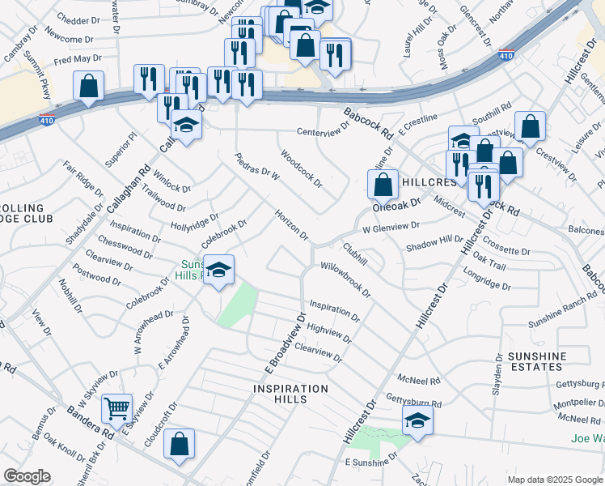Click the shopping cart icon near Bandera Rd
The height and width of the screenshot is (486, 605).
tap(117, 409)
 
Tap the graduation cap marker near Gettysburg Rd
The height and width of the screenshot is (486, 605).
tap(417, 420)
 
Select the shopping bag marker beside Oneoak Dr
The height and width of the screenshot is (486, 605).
tap(383, 183)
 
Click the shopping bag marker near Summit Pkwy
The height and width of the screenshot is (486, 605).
tap(88, 85)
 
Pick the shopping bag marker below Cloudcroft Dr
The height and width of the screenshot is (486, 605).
tap(180, 443)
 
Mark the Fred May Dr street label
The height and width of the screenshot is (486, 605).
tap(78, 59)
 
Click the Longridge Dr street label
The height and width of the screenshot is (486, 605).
tap(487, 280)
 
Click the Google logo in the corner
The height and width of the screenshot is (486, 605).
tap(27, 475)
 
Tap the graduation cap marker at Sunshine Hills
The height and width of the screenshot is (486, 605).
tap(218, 271)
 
